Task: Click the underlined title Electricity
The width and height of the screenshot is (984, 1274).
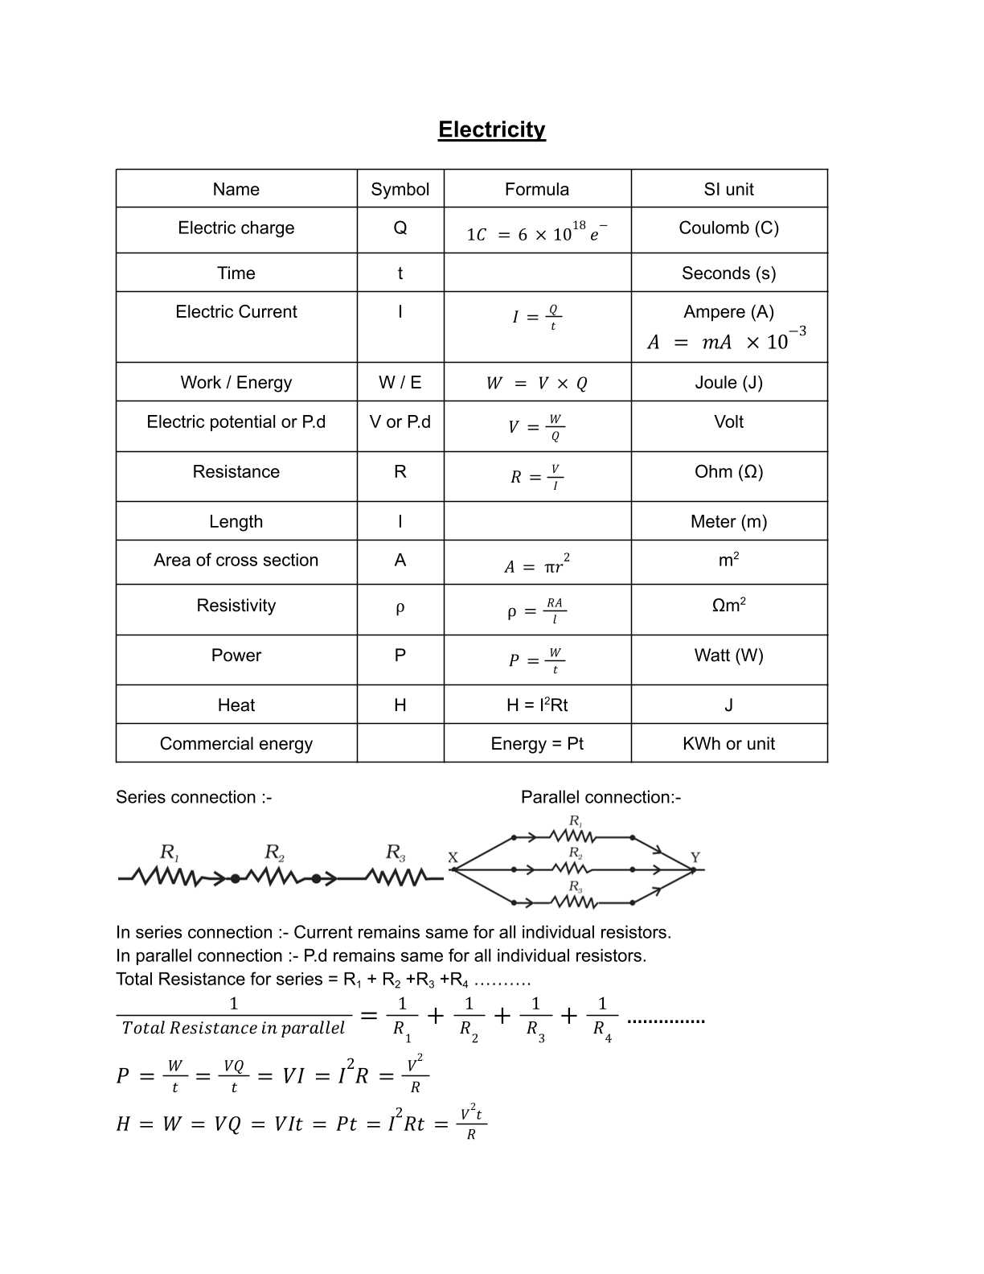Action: pos(491,129)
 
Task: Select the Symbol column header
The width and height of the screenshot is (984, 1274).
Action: pos(400,189)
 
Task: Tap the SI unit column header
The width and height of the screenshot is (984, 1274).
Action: pos(728,189)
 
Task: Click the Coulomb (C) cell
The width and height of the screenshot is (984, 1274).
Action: pos(728,228)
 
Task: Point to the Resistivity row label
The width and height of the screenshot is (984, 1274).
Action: pos(236,606)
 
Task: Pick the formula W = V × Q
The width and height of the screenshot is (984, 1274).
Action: pos(537,384)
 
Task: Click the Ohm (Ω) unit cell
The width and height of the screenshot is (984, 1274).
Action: pos(728,472)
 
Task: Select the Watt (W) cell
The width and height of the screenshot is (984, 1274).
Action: pos(728,655)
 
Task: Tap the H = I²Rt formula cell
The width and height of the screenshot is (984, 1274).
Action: pos(537,705)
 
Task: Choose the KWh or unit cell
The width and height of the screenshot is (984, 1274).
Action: pos(728,744)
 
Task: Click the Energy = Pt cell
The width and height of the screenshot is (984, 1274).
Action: pos(537,744)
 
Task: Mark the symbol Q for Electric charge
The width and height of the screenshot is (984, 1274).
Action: pos(400,228)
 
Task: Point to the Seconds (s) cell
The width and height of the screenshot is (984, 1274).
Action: pos(728,273)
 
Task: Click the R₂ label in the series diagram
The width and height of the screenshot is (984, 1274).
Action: pos(274,853)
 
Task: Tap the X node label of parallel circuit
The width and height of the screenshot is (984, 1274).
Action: pos(453,857)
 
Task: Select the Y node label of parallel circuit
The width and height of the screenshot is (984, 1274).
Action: pos(695,857)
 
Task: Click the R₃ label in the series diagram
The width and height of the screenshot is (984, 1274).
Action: pos(395,853)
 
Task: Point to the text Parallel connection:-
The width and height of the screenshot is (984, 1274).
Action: pos(601,797)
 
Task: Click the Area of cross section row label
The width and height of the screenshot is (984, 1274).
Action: pos(236,561)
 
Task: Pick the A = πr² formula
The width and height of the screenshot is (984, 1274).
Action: pos(537,565)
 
